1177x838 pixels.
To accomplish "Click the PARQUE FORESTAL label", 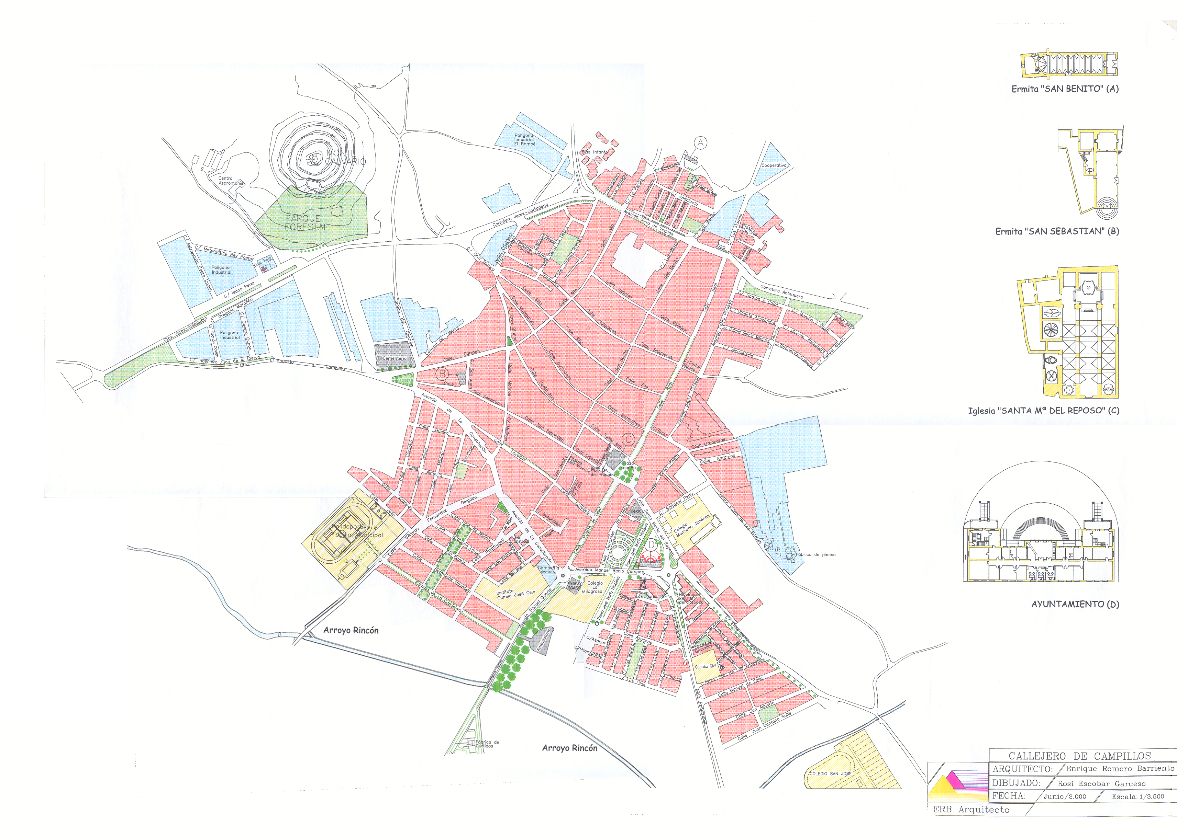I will pos(306,222).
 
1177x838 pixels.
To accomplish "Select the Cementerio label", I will pos(394,358).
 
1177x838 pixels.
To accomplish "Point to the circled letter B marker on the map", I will pos(442,374).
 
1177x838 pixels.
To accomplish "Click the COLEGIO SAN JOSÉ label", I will pos(830,773).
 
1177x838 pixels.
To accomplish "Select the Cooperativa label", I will pos(774,165).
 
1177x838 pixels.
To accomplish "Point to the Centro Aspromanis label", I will pos(230,181).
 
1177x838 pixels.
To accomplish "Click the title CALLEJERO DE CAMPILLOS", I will pos(1079,756).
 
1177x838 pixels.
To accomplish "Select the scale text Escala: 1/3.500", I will pos(1138,796).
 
